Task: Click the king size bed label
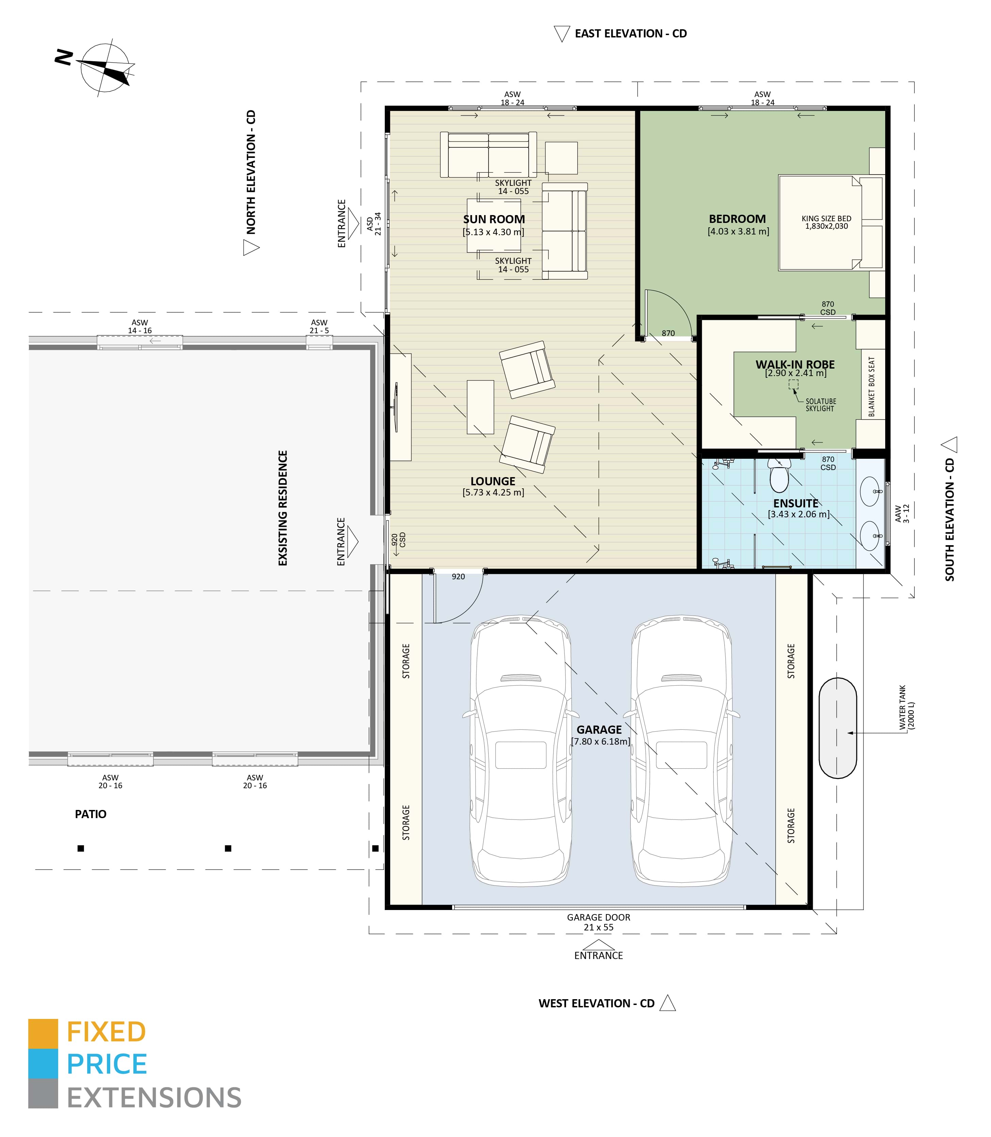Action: click(826, 223)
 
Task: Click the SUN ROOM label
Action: click(494, 219)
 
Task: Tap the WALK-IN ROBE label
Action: click(795, 364)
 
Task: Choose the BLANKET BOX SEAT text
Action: click(872, 386)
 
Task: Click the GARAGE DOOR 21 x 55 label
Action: click(598, 922)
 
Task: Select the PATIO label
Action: click(91, 814)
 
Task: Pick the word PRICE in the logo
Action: click(107, 1064)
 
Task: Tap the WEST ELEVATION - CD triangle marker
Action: click(668, 1003)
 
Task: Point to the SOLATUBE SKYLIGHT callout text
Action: click(820, 405)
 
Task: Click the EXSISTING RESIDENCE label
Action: click(283, 508)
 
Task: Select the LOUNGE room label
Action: click(493, 481)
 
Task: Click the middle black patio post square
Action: click(228, 848)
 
